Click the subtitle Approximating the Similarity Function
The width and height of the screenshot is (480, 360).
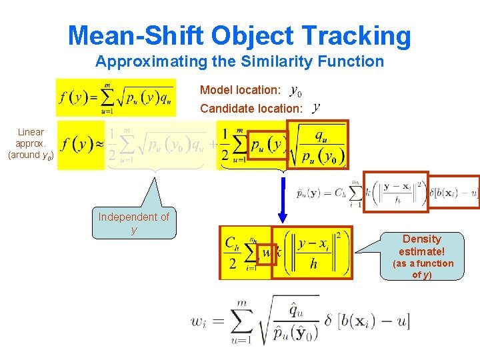point(239,62)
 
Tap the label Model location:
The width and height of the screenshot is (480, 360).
point(240,90)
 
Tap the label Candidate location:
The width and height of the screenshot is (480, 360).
point(251,108)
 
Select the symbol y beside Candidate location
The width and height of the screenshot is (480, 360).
point(315,107)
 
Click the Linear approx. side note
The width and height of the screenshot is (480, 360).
point(31,143)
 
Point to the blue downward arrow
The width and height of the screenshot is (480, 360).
point(283,200)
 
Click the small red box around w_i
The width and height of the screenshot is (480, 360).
point(266,254)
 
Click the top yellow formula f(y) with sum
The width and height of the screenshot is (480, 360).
point(116,97)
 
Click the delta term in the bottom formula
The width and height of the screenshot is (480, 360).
point(367,321)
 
